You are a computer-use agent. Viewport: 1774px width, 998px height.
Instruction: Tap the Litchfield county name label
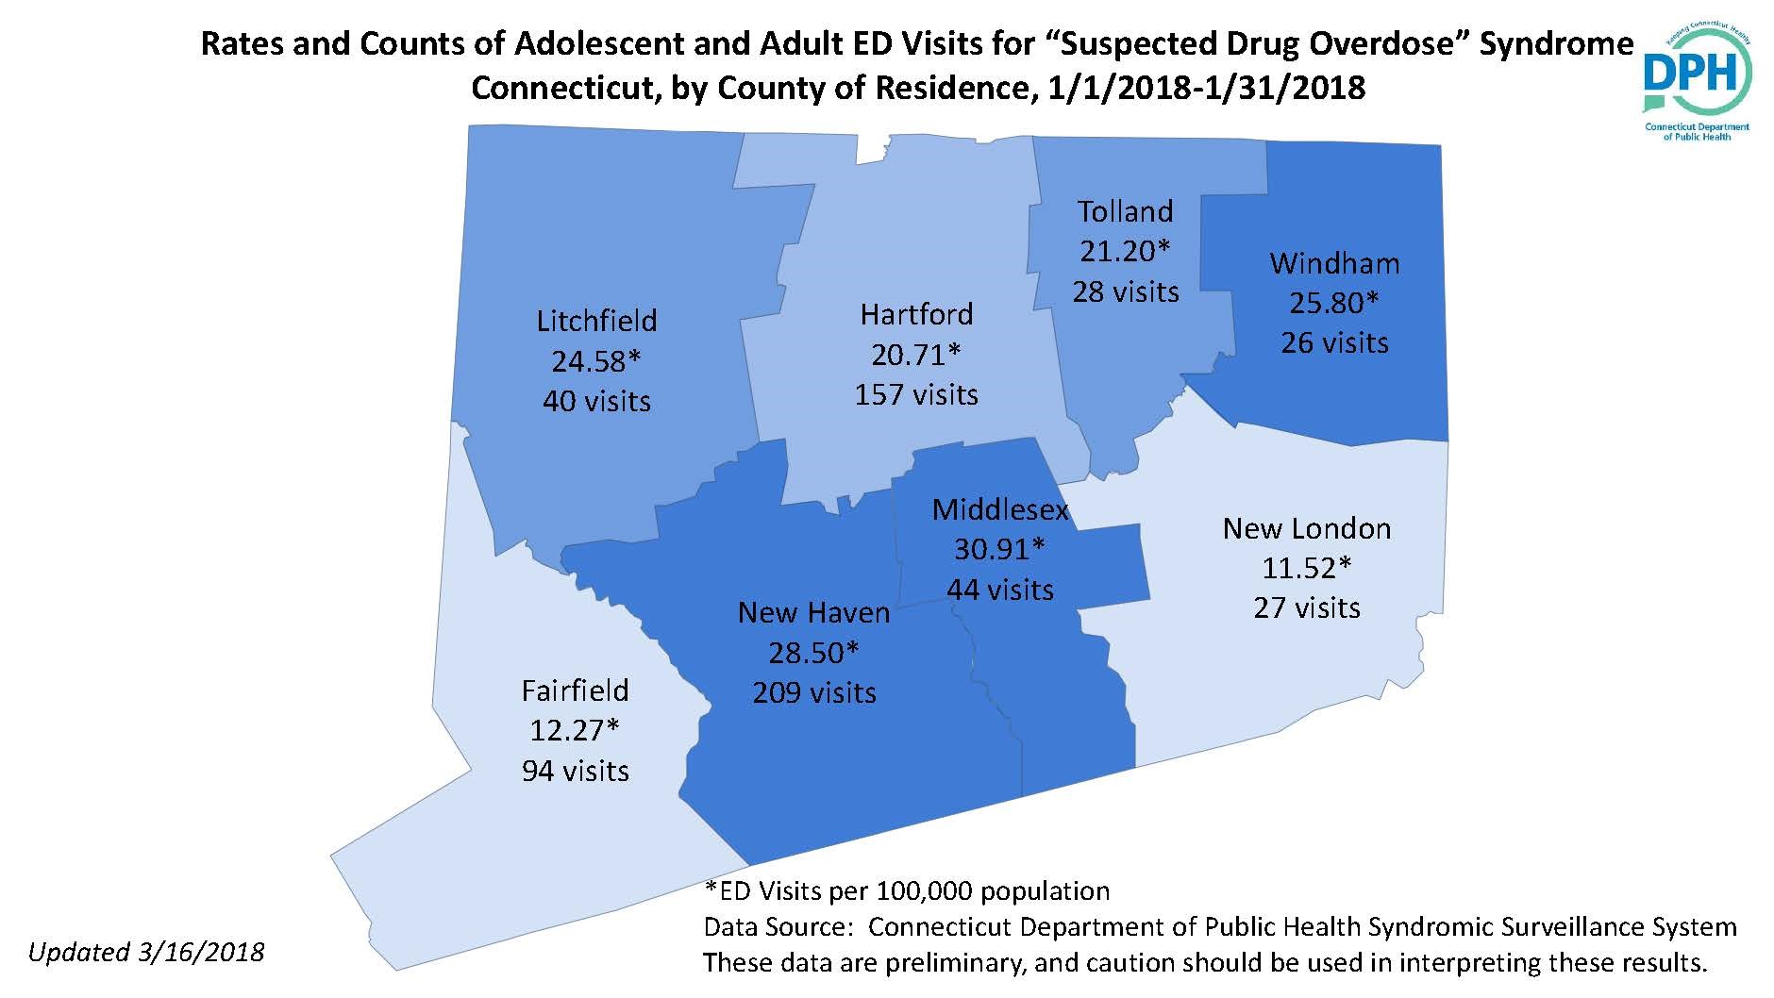(x=596, y=321)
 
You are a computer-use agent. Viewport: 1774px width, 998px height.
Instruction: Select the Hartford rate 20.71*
(x=915, y=354)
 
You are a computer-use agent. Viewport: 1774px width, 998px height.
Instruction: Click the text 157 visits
(x=916, y=394)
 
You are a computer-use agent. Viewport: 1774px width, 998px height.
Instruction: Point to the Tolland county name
(x=1125, y=211)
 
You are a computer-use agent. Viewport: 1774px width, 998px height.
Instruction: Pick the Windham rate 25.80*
(x=1334, y=303)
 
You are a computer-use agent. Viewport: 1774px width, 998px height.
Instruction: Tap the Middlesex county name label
(x=1000, y=510)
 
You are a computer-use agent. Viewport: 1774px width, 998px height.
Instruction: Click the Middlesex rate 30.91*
(x=1000, y=549)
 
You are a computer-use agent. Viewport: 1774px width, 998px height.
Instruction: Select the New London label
(x=1307, y=528)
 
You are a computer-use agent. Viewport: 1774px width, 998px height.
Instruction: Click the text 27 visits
(x=1307, y=607)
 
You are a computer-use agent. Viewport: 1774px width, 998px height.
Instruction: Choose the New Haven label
(x=813, y=613)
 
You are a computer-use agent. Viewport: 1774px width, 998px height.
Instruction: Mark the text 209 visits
(x=814, y=693)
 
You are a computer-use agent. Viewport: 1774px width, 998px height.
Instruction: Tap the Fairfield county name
(x=575, y=690)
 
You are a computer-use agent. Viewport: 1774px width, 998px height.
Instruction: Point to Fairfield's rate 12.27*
(x=574, y=730)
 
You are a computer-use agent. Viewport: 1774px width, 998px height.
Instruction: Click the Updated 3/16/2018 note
(x=146, y=952)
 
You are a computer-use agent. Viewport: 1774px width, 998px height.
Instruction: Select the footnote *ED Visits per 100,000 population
(x=907, y=890)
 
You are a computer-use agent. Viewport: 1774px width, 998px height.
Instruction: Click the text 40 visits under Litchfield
(x=596, y=402)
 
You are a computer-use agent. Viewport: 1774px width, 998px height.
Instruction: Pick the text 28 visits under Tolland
(x=1125, y=291)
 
